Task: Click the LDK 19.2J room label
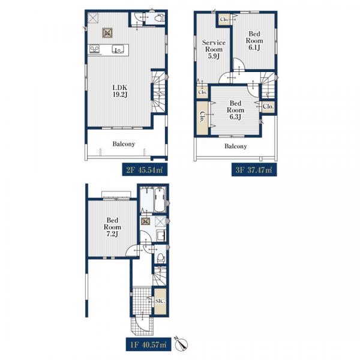tap(120, 91)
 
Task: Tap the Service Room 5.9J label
tap(214, 49)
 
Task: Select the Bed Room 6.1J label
tap(254, 41)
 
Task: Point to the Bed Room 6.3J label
tap(235, 110)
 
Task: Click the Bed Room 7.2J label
tap(112, 227)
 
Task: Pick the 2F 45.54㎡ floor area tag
tap(145, 170)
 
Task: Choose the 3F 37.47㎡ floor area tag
tap(254, 170)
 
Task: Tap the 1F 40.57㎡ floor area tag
tap(148, 344)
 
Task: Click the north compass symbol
tap(181, 344)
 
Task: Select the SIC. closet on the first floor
tap(160, 301)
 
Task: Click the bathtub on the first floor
tap(160, 200)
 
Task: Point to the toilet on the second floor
tap(159, 18)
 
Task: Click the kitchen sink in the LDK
tap(118, 49)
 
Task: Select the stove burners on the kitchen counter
tap(95, 49)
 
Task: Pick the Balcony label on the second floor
tap(124, 144)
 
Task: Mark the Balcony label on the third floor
tap(236, 146)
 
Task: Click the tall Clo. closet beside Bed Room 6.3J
tap(202, 118)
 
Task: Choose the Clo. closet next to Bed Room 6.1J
tap(224, 19)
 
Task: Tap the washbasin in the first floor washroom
tap(161, 236)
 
